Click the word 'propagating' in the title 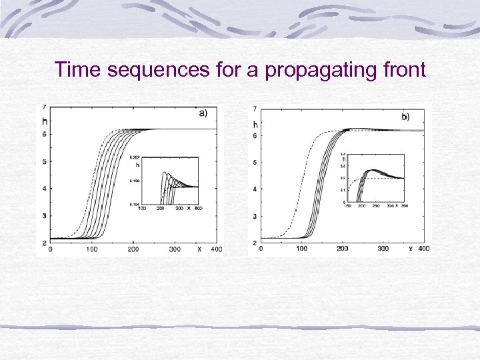click(x=317, y=69)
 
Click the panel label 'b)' click(x=405, y=117)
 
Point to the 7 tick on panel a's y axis click(x=44, y=107)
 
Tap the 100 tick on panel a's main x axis click(x=92, y=249)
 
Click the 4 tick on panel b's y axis click(x=255, y=189)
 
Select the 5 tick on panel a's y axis click(x=44, y=161)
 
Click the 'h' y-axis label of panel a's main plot click(x=45, y=121)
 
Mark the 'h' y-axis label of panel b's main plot click(x=255, y=124)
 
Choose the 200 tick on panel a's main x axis click(x=133, y=249)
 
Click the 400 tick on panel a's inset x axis click(x=198, y=209)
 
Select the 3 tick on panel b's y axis click(x=255, y=217)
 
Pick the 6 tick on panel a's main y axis click(x=44, y=134)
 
